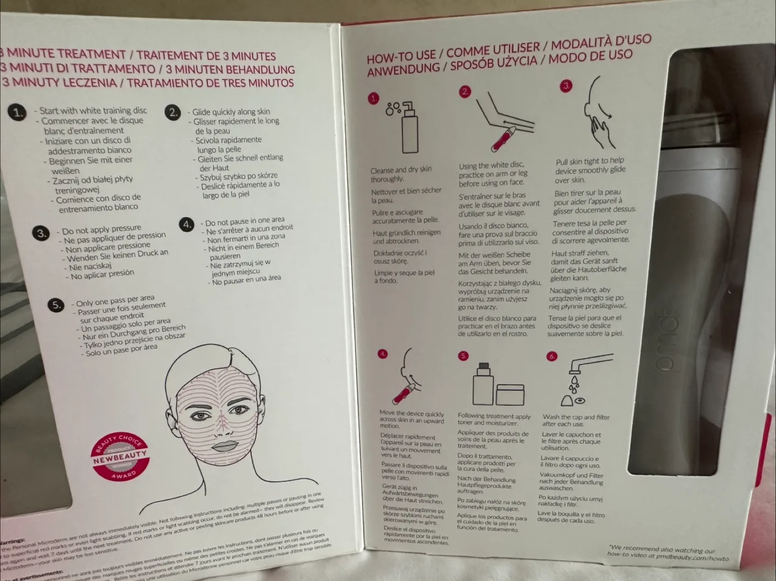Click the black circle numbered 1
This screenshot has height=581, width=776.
[x=18, y=112]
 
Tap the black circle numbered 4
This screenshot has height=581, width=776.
[x=186, y=224]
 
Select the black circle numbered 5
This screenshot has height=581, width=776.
[x=56, y=305]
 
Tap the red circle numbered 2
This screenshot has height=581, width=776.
[x=465, y=92]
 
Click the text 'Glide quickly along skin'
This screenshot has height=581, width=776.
[x=231, y=112]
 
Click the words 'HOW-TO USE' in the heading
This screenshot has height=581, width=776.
[x=401, y=56]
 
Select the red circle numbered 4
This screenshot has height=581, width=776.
[x=383, y=354]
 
